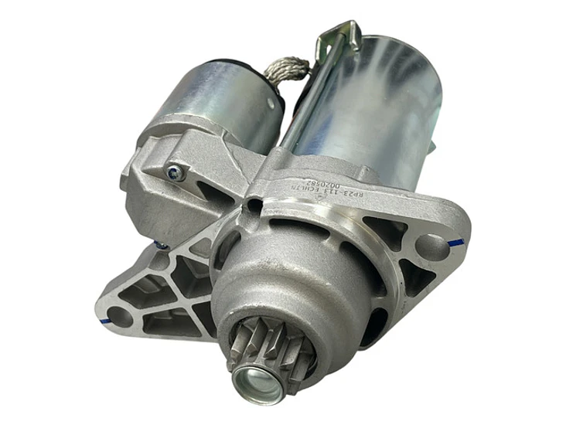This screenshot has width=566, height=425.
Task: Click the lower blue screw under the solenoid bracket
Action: click(x=159, y=245)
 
